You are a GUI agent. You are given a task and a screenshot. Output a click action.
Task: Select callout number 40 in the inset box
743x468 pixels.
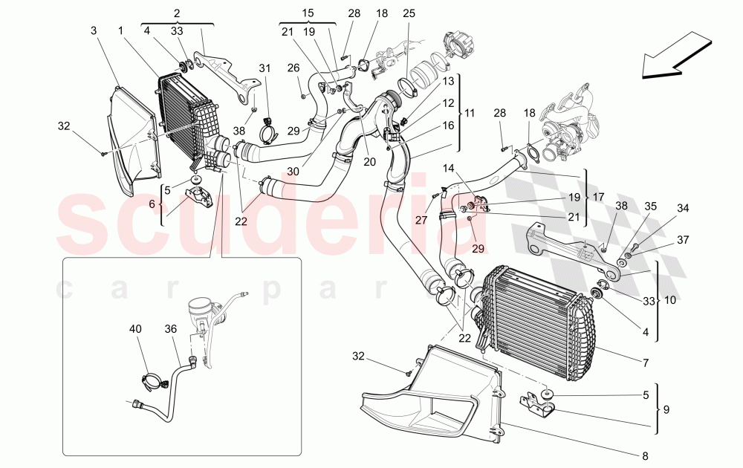point(134,329)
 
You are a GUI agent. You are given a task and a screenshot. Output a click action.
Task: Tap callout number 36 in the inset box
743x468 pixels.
point(171,329)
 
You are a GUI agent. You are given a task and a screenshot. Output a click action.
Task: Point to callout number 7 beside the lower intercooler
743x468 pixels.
point(646,363)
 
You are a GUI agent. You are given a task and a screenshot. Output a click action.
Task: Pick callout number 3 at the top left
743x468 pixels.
point(94,30)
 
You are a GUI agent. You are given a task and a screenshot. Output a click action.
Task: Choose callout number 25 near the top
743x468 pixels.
point(409,14)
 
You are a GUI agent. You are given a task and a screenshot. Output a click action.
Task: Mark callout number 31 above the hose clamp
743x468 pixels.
point(265,69)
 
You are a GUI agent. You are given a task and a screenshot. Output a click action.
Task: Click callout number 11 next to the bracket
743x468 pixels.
point(469,113)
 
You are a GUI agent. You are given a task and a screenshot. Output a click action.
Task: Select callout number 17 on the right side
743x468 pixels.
point(600,198)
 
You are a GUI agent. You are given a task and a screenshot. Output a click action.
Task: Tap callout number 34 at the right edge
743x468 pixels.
point(682,209)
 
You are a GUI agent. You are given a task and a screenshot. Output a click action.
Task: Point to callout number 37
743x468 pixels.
point(681,240)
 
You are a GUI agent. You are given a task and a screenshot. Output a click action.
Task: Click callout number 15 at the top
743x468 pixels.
point(308,13)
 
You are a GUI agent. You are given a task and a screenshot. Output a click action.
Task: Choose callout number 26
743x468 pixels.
point(293,68)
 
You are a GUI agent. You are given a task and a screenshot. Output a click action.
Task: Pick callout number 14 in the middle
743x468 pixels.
point(449,168)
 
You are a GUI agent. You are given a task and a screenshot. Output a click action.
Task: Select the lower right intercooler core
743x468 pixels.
point(531,327)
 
